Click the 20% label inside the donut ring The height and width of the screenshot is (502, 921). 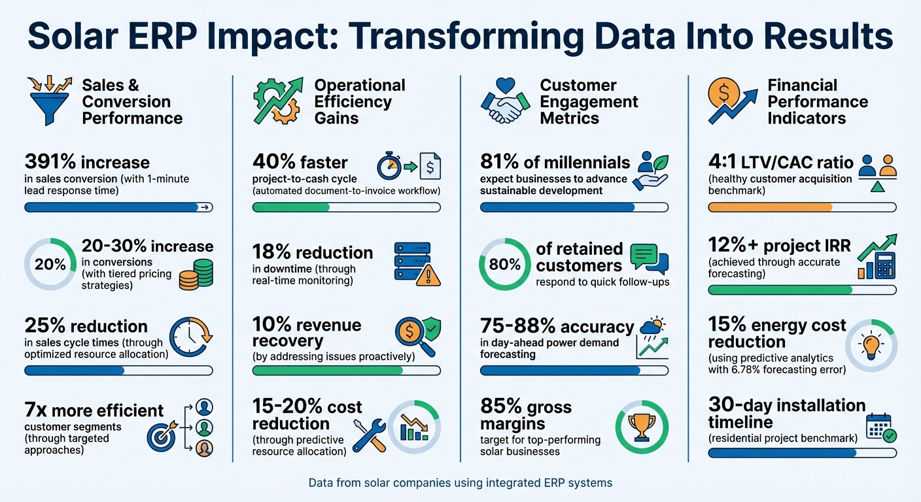click(50, 265)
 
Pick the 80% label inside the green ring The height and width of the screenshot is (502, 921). click(506, 265)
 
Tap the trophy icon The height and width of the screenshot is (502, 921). click(642, 427)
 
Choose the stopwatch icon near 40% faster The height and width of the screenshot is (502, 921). click(391, 166)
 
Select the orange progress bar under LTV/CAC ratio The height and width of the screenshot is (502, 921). click(769, 207)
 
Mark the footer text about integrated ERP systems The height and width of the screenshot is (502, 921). click(460, 483)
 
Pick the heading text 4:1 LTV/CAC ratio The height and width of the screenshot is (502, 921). click(780, 161)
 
